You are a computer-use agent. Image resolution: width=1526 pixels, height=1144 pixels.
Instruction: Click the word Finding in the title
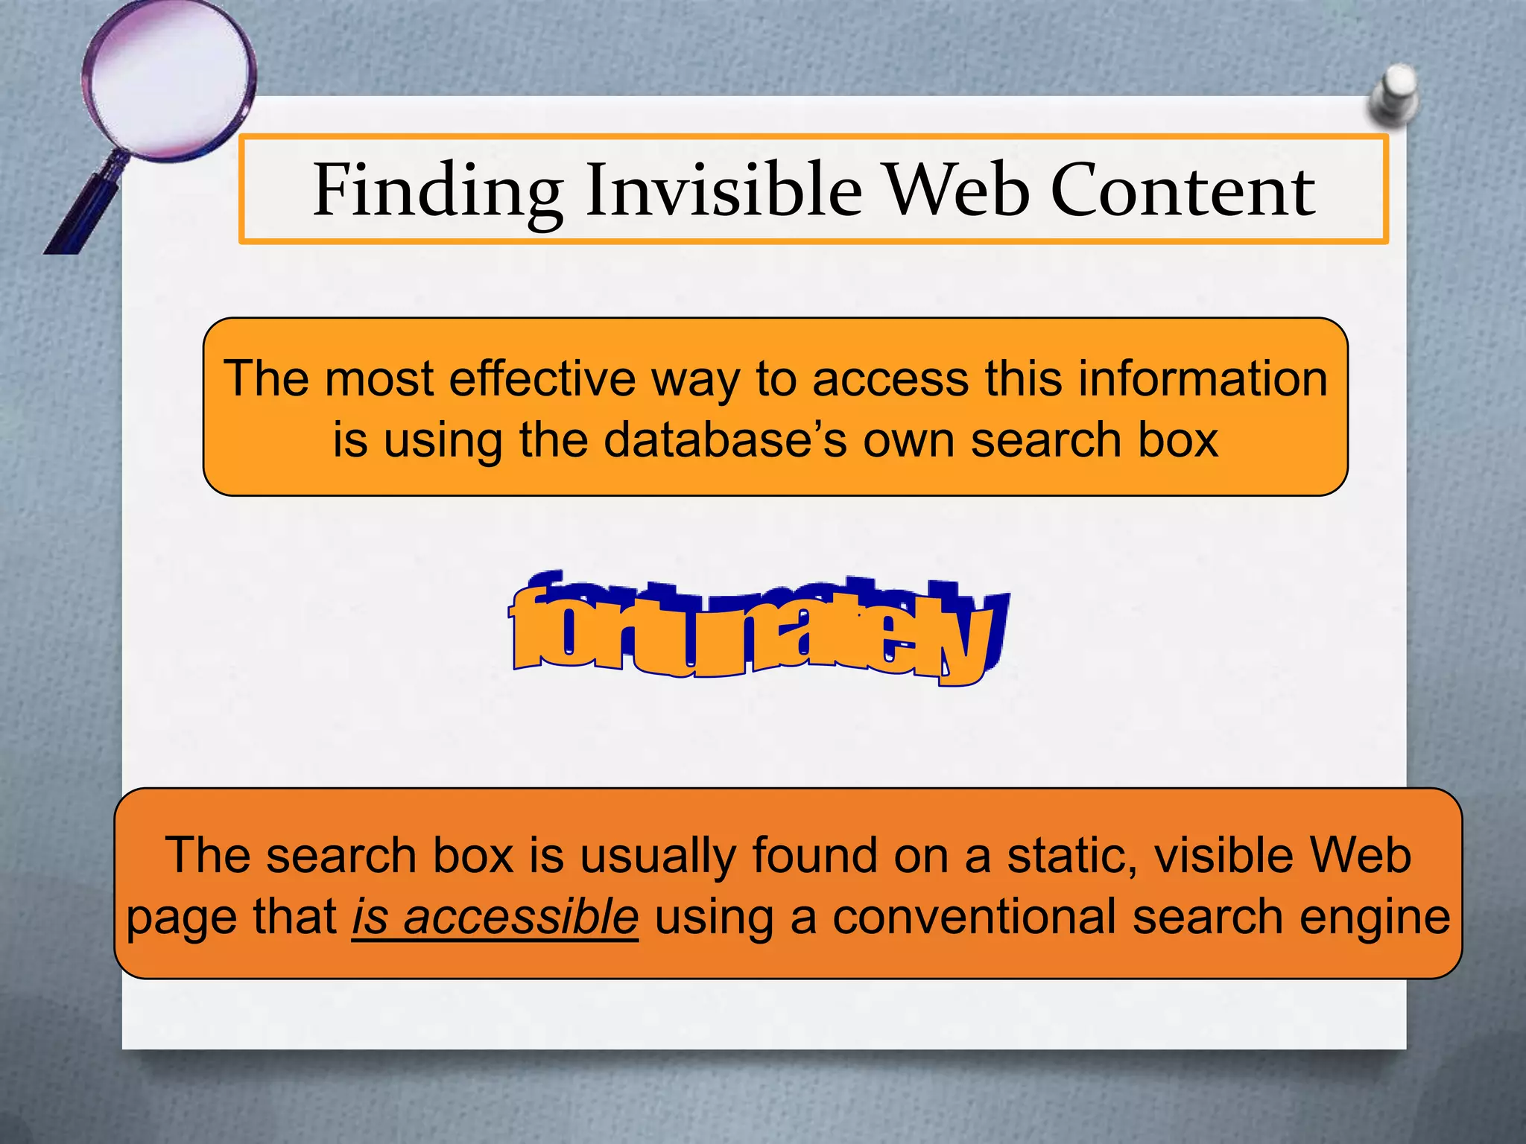(x=437, y=191)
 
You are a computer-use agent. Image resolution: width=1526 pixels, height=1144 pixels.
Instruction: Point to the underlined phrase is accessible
(x=495, y=917)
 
